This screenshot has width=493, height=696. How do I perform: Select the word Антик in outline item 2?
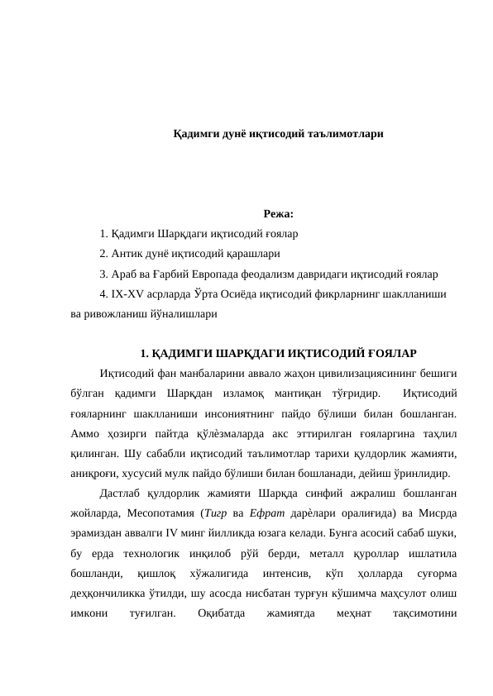point(124,253)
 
